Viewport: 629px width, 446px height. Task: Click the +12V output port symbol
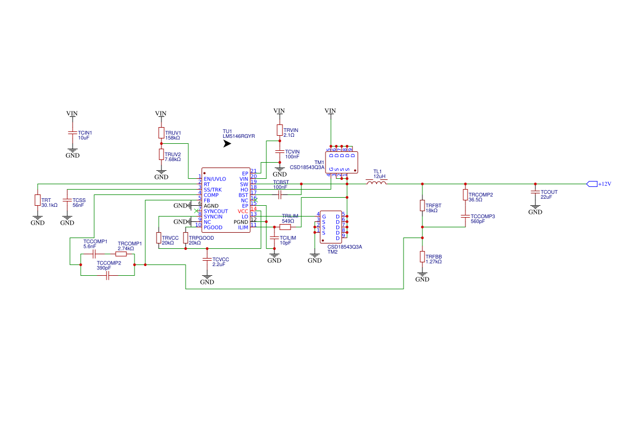592,184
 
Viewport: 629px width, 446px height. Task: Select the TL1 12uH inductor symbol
377,183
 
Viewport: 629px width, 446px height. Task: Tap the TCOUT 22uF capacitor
535,192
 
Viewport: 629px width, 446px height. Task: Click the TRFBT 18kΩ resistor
422,206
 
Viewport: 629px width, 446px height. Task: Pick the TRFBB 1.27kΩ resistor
422,257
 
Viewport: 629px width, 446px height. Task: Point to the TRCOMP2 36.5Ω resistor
465,195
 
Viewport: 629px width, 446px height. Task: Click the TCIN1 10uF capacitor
72,133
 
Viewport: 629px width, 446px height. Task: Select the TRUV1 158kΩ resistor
161,133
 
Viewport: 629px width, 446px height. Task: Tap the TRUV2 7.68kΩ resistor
161,155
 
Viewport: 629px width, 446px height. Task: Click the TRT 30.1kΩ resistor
37,200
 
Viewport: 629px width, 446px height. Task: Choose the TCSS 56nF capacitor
67,200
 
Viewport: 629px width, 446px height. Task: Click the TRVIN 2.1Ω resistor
279,130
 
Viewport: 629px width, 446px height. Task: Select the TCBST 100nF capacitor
279,194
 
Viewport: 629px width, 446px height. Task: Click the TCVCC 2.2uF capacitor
207,260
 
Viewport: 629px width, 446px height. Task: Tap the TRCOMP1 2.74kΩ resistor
121,254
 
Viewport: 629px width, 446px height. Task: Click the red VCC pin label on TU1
243,211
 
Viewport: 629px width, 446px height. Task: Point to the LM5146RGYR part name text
238,137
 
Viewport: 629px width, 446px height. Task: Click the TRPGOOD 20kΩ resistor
186,238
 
